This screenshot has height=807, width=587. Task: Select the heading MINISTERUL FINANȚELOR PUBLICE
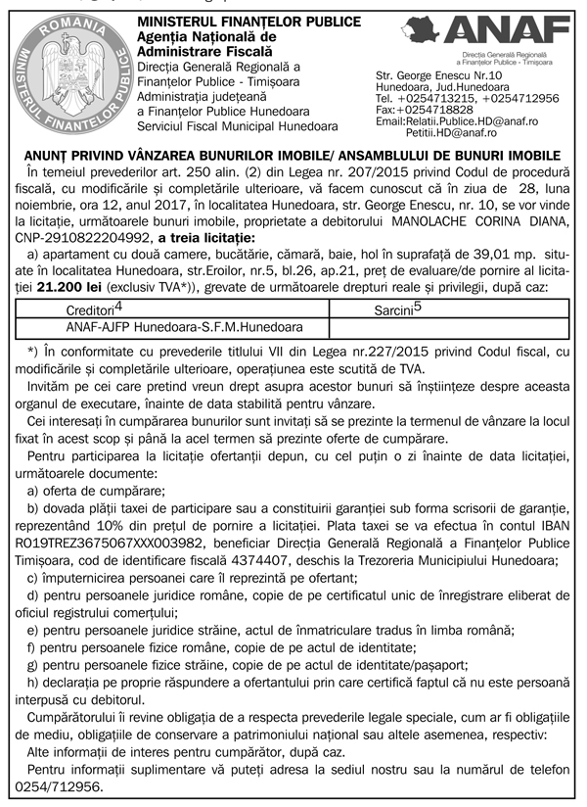click(235, 22)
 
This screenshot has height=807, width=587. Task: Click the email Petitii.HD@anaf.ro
click(451, 132)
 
